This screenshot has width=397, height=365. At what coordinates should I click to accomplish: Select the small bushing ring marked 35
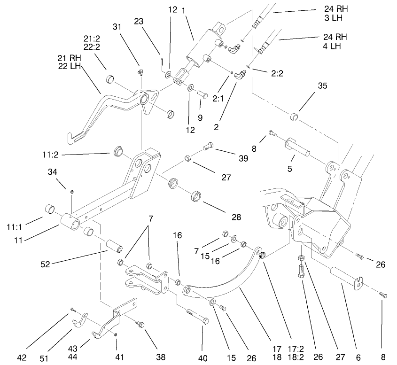295,116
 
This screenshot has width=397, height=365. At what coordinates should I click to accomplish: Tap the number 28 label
236,217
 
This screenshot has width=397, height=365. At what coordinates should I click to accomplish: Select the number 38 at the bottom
160,357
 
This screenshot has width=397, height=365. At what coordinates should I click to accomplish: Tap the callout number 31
117,27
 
